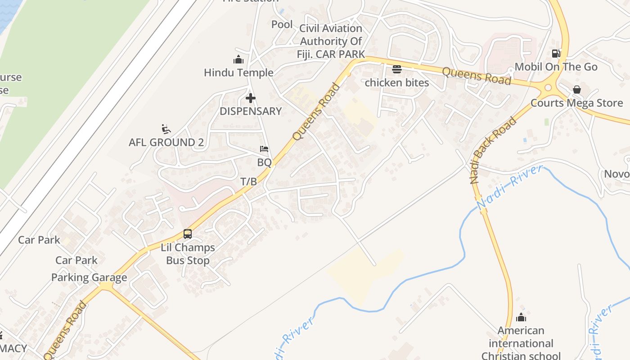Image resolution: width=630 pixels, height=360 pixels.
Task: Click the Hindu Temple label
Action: (x=238, y=72)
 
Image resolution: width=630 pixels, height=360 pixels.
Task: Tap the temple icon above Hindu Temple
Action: (x=238, y=59)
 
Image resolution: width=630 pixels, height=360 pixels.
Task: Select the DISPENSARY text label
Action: (x=251, y=111)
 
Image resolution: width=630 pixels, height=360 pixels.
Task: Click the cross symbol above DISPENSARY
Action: (x=251, y=98)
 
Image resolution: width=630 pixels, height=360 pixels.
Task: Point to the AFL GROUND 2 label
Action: (x=166, y=143)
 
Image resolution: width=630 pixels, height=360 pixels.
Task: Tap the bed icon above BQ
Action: (x=264, y=149)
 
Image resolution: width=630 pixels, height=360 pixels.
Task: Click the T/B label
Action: (x=248, y=182)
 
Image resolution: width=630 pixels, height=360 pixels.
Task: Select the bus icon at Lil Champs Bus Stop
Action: (x=188, y=234)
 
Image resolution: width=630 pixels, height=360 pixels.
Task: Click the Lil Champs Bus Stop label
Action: (x=188, y=254)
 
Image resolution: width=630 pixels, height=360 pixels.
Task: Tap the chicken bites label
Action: (x=396, y=83)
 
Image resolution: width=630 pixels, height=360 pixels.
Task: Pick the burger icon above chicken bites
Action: (x=396, y=69)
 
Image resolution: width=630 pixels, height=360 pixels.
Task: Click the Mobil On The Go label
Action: (x=556, y=67)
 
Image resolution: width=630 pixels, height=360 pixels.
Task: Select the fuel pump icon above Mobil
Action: (x=556, y=54)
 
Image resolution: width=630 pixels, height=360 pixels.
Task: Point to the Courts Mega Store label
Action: (x=576, y=103)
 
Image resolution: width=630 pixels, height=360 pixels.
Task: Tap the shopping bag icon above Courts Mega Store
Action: (x=576, y=90)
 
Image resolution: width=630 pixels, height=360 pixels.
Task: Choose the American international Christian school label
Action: (x=521, y=343)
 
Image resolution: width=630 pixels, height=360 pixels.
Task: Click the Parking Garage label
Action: (x=89, y=278)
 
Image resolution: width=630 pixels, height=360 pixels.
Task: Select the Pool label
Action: (x=282, y=24)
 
